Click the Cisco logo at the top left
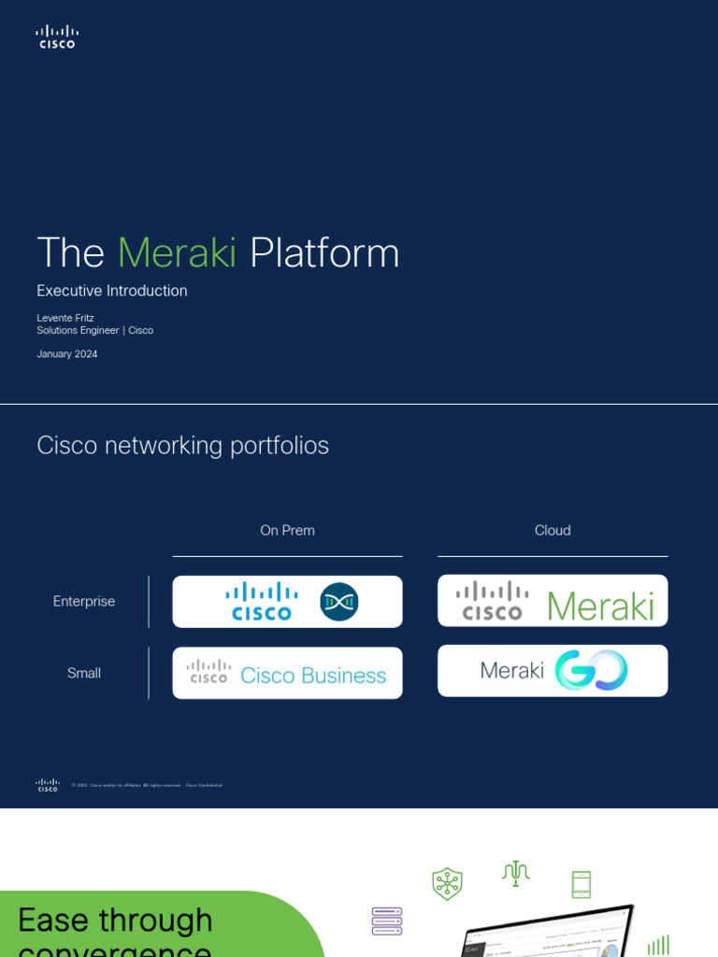click(x=56, y=37)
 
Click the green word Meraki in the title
click(x=178, y=253)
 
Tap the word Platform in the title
click(x=324, y=253)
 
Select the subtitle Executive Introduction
click(x=112, y=291)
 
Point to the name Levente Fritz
click(x=65, y=318)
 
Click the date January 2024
click(x=67, y=354)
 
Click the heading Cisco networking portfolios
click(x=182, y=446)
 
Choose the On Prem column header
click(x=287, y=531)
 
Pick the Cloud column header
click(x=553, y=531)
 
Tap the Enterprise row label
click(x=84, y=602)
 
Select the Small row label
click(x=84, y=673)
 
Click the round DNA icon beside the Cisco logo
click(x=338, y=602)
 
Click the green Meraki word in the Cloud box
click(x=600, y=606)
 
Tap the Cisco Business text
click(x=313, y=676)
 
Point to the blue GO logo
click(x=591, y=671)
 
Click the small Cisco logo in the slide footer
click(x=48, y=785)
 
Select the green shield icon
click(x=447, y=883)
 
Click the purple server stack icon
click(x=387, y=921)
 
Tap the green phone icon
click(x=582, y=884)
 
